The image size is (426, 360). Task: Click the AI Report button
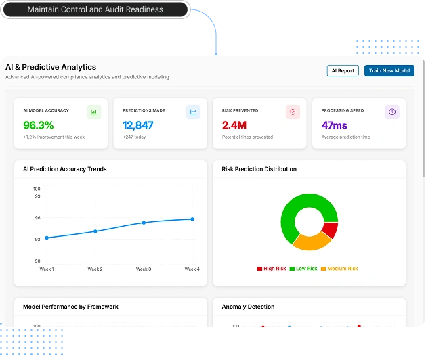click(x=342, y=70)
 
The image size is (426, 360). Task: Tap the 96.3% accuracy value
click(x=39, y=125)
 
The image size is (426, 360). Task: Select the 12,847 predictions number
click(x=138, y=125)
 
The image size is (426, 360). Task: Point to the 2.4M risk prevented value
click(x=234, y=125)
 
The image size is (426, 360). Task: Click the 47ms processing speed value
click(x=335, y=125)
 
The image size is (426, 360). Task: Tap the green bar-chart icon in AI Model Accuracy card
click(x=94, y=112)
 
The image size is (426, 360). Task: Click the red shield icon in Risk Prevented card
click(x=293, y=112)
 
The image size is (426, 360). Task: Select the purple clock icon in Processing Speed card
click(x=392, y=112)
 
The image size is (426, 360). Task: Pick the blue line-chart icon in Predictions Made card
click(x=193, y=112)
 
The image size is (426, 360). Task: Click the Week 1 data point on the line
click(x=47, y=238)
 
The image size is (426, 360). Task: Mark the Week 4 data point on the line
click(x=192, y=219)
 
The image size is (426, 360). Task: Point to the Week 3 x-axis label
click(x=144, y=269)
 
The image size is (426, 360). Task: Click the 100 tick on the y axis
click(x=37, y=189)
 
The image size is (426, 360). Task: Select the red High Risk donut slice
click(x=329, y=230)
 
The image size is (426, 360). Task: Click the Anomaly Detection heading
click(x=248, y=307)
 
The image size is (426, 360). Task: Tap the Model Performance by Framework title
click(x=70, y=307)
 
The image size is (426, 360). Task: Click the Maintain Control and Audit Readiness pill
click(x=95, y=9)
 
